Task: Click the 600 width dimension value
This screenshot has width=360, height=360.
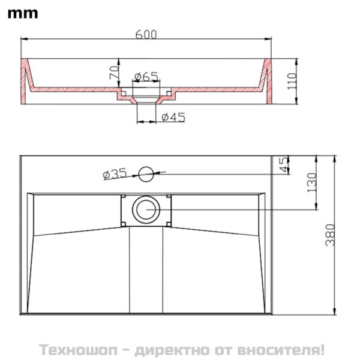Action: pos(146,35)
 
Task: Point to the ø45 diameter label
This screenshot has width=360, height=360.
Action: pos(173,118)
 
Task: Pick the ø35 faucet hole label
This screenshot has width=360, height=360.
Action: pos(114,174)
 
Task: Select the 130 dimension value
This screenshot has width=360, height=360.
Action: pos(311,183)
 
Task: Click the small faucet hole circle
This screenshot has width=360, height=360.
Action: pos(146,175)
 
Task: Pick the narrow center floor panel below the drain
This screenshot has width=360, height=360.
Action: pos(146,270)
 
